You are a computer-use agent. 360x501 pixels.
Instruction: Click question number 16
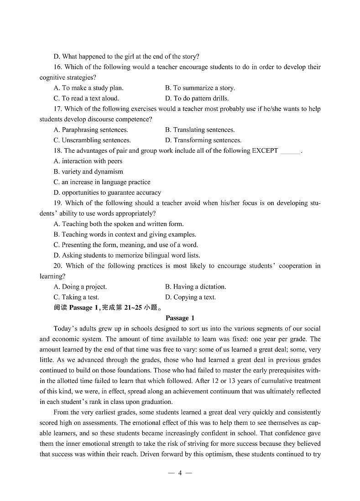point(57,67)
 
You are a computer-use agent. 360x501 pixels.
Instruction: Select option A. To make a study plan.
point(89,88)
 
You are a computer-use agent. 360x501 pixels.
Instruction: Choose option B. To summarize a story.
point(200,88)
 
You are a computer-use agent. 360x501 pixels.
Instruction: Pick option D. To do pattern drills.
point(197,98)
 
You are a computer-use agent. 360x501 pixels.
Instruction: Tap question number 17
point(57,109)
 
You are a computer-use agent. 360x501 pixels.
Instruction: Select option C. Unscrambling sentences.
point(92,140)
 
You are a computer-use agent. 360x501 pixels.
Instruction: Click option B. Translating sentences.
point(200,130)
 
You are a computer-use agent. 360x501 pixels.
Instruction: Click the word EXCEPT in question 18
point(265,151)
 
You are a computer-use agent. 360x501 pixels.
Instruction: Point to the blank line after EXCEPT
point(290,152)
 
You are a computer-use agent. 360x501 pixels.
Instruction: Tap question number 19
point(57,203)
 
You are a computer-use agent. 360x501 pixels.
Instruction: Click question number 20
point(57,266)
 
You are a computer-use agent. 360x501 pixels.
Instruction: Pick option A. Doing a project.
point(80,287)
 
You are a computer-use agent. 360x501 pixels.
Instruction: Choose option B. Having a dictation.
point(195,287)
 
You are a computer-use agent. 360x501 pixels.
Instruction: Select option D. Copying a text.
point(190,298)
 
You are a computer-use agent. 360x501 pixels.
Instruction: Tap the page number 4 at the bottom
point(180,473)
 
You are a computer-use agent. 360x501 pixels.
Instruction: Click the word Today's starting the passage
point(64,329)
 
